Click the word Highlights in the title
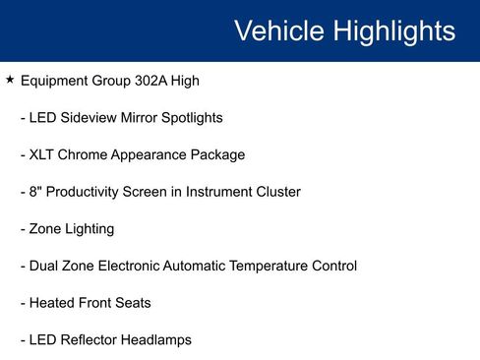[x=393, y=30]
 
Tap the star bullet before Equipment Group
[x=10, y=79]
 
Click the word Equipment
[x=57, y=80]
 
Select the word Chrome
[x=86, y=154]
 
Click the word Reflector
[x=93, y=340]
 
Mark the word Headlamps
[x=159, y=340]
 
